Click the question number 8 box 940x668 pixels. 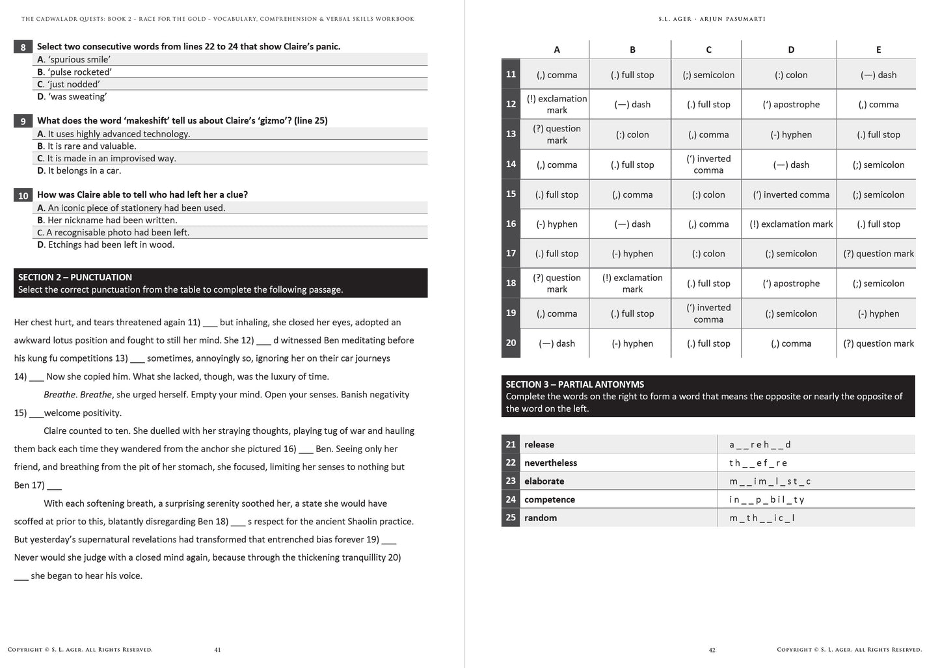23,47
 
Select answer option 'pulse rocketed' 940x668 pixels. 74,72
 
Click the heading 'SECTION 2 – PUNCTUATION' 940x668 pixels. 75,277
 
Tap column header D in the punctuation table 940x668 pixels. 790,49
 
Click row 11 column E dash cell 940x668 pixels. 878,75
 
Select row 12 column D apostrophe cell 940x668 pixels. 790,104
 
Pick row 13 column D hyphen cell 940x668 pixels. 790,135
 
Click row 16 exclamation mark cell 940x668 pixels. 790,224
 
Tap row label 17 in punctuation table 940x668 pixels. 511,254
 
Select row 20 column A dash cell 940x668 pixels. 556,343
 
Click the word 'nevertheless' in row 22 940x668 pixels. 550,463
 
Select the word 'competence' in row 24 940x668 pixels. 549,500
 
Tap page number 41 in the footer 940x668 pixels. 217,650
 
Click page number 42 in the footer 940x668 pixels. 712,650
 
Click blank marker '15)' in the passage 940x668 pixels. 20,413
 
